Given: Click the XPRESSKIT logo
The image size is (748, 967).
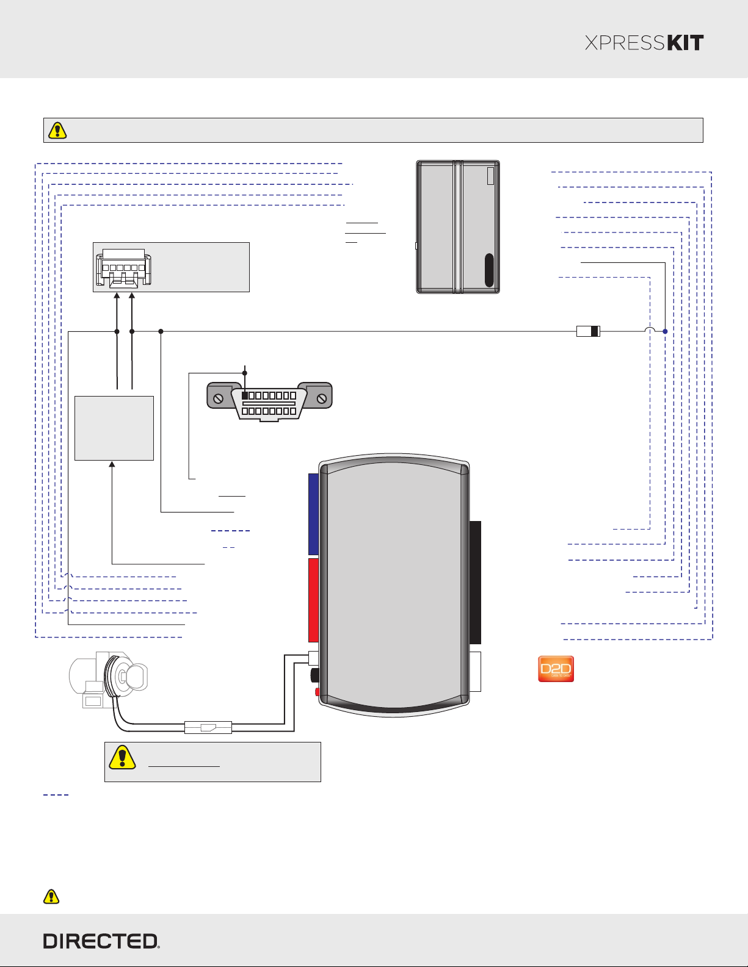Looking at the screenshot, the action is (x=644, y=43).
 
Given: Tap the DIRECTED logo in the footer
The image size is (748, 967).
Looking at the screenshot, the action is (x=101, y=941).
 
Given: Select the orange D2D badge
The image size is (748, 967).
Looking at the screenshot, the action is (x=556, y=669).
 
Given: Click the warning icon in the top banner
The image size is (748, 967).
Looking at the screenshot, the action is (x=57, y=131).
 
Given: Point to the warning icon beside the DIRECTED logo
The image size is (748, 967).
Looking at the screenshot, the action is (x=51, y=897).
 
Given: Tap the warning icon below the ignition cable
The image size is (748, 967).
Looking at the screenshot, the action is (x=122, y=757).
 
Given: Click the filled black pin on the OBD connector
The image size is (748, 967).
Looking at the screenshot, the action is (x=244, y=395).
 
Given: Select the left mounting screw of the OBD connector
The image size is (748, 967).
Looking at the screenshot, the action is (x=218, y=399).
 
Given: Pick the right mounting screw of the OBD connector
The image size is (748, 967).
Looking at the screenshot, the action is (x=321, y=399).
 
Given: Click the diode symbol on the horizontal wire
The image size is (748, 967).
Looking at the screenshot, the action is (x=588, y=331).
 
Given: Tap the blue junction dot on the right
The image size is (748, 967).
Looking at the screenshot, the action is (x=665, y=331).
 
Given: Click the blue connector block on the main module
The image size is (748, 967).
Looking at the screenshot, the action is (x=313, y=514).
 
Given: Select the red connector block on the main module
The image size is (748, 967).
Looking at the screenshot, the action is (x=313, y=600).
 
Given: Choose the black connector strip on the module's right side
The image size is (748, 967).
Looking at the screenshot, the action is (x=475, y=582).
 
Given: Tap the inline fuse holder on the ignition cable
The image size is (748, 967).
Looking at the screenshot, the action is (x=208, y=727).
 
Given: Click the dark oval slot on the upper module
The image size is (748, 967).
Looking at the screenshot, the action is (x=489, y=270).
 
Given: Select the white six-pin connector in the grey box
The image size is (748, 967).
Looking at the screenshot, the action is (x=123, y=267).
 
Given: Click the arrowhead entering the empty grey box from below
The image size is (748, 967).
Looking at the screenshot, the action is (x=112, y=464).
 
